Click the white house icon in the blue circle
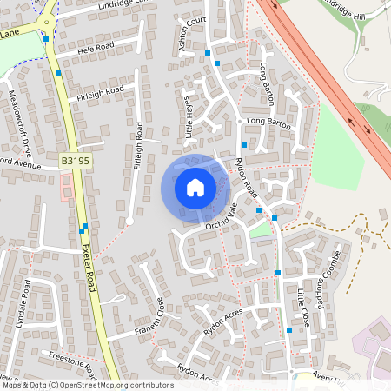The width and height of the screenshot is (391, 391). (x=195, y=187)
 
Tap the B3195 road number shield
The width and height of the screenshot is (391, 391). (x=76, y=162)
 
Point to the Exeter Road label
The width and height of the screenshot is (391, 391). (x=89, y=266)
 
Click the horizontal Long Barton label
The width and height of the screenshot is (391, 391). (x=268, y=121)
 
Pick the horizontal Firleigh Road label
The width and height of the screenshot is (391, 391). (x=97, y=89)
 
